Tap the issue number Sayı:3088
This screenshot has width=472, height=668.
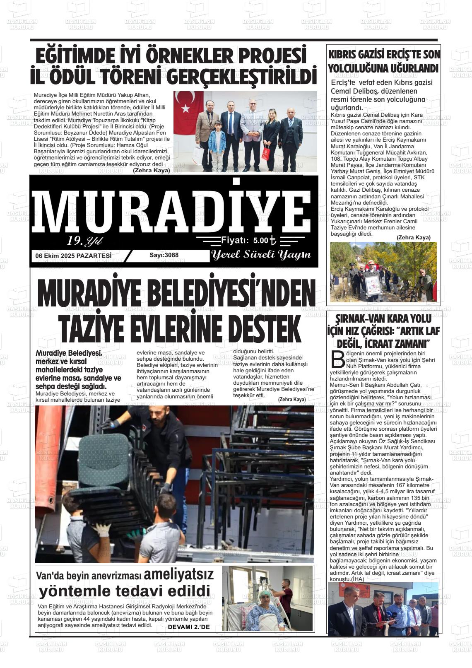164,255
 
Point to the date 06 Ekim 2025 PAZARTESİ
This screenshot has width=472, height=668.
74,256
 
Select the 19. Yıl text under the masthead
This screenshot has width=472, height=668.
84,241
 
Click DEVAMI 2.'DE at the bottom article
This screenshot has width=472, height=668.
189,627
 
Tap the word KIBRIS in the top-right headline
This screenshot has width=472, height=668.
343,55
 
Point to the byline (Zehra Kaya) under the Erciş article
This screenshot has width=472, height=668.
413,238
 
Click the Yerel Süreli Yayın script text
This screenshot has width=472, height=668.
261,255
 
